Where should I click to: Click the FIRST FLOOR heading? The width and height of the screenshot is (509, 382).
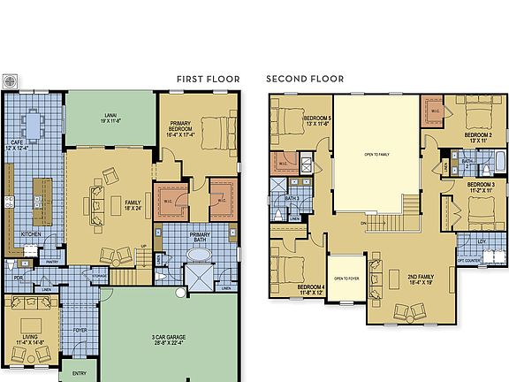pyautogui.click(x=208, y=79)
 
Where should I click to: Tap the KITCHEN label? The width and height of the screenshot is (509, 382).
pyautogui.click(x=31, y=234)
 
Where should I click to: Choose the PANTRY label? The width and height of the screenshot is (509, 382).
pyautogui.click(x=52, y=261)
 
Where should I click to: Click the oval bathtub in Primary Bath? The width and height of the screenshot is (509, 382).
pyautogui.click(x=201, y=256)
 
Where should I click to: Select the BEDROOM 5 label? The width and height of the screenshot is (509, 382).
pyautogui.click(x=318, y=120)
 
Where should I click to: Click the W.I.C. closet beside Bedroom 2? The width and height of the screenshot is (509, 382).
pyautogui.click(x=435, y=111)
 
